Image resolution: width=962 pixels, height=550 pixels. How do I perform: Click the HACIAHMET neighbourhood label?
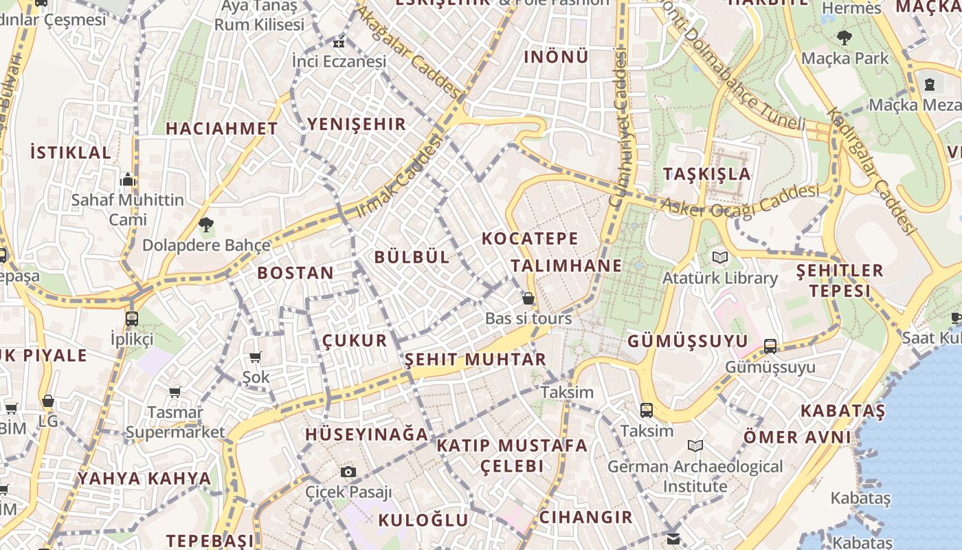(x=221, y=129)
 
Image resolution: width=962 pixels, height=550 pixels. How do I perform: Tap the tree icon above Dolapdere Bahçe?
(x=205, y=224)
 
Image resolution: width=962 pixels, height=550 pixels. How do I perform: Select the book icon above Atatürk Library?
(x=719, y=258)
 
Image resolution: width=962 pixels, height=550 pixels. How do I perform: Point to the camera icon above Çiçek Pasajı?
(x=348, y=472)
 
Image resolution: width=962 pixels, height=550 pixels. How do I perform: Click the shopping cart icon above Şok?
(x=256, y=357)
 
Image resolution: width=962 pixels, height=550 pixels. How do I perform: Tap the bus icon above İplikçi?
(x=132, y=318)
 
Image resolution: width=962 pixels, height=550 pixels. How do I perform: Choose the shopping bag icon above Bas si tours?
(x=528, y=298)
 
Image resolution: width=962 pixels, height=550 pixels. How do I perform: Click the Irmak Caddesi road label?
(x=399, y=176)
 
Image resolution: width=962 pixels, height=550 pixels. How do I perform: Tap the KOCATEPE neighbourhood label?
(x=530, y=239)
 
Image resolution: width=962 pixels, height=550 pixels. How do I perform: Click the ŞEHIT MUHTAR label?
(x=476, y=360)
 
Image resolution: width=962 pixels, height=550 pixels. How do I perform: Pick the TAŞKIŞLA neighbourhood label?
(x=707, y=174)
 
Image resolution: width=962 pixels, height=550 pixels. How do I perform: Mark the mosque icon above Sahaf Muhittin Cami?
(x=128, y=180)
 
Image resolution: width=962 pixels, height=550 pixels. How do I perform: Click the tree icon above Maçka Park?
(x=844, y=38)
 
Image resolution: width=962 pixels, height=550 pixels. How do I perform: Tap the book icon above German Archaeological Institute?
(x=695, y=446)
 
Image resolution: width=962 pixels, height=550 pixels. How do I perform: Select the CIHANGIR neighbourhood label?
(x=585, y=517)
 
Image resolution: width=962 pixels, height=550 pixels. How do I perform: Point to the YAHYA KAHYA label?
(x=144, y=478)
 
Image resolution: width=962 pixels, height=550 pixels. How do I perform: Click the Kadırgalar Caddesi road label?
(x=871, y=170)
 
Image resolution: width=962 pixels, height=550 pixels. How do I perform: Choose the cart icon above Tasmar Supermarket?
(x=175, y=392)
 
